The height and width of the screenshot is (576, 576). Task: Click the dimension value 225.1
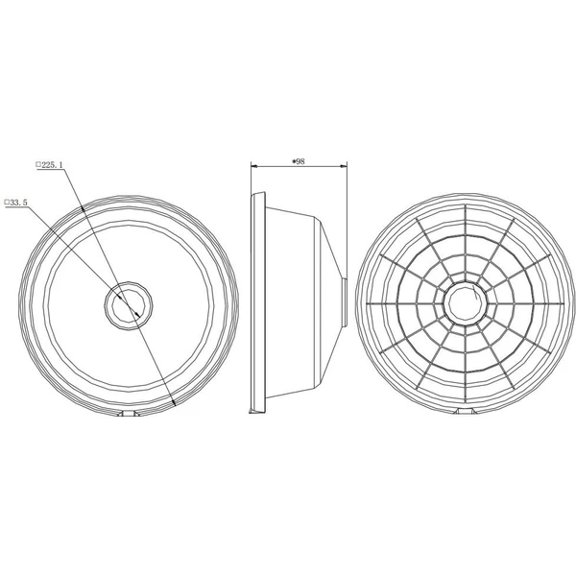[52, 164]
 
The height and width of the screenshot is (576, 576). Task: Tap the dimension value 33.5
[17, 203]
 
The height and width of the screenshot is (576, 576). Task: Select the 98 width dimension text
[300, 161]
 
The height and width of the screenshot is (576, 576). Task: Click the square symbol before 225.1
[38, 164]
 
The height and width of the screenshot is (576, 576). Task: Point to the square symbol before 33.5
[7, 202]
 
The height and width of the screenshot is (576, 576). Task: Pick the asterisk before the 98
[294, 161]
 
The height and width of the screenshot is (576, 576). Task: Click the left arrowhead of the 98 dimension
[254, 166]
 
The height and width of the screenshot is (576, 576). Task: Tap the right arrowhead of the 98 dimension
[344, 166]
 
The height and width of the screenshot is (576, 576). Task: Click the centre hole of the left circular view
[129, 305]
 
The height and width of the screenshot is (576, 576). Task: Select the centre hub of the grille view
[466, 303]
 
